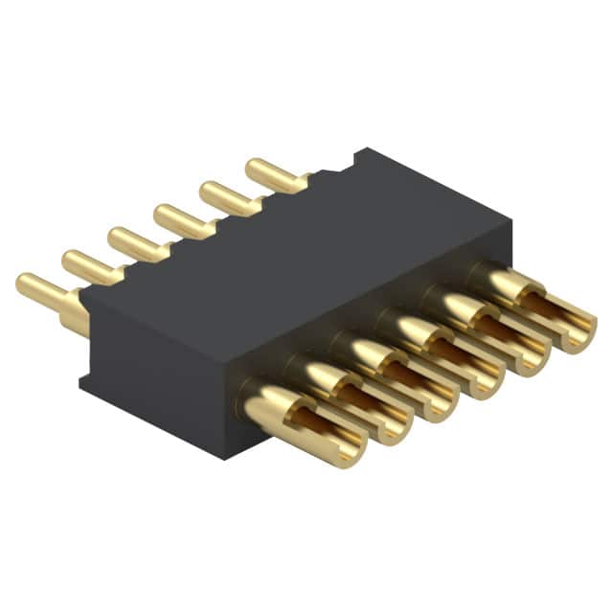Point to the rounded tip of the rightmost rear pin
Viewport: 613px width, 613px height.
[x=253, y=168]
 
